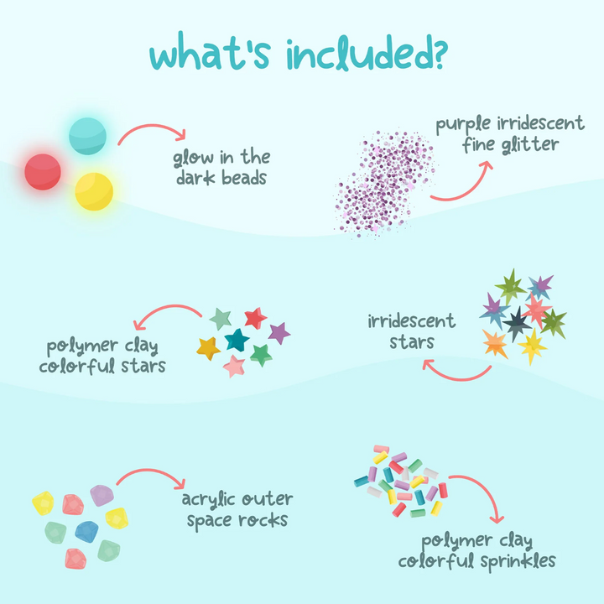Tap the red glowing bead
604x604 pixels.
point(43,172)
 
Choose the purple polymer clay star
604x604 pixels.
point(280,333)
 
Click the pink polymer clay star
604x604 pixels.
point(234,366)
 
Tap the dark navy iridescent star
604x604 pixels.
point(515,320)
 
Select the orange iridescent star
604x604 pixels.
point(494,342)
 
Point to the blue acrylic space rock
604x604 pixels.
point(87,530)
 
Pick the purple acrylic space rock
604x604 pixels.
point(102,495)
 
